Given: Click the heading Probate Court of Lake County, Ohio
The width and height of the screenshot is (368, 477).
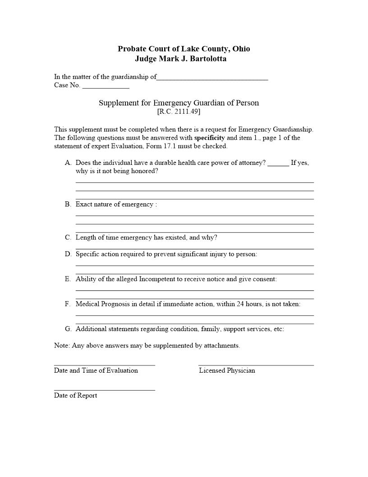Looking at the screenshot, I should click(x=184, y=49).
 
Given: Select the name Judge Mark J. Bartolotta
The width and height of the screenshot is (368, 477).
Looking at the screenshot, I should click(x=180, y=59).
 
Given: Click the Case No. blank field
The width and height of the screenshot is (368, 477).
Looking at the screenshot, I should click(x=106, y=87).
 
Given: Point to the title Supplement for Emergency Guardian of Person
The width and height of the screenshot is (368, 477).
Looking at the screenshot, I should click(x=179, y=103).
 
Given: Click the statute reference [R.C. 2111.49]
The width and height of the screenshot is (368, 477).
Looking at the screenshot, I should click(x=179, y=111).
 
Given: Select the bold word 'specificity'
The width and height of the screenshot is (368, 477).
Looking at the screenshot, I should click(x=209, y=138).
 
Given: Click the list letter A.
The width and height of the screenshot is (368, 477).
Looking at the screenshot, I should click(x=68, y=163).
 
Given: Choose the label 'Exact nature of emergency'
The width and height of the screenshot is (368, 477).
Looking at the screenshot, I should click(x=115, y=204).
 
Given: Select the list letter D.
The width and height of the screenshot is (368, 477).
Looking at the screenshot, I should click(x=68, y=254).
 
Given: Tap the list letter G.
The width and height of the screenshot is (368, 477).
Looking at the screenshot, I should click(x=68, y=329).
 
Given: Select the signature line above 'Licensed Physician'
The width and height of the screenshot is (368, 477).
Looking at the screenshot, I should click(x=256, y=365).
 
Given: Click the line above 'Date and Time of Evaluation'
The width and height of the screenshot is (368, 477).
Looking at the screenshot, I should click(x=104, y=365).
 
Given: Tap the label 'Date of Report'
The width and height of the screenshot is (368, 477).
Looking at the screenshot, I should click(x=75, y=395).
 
